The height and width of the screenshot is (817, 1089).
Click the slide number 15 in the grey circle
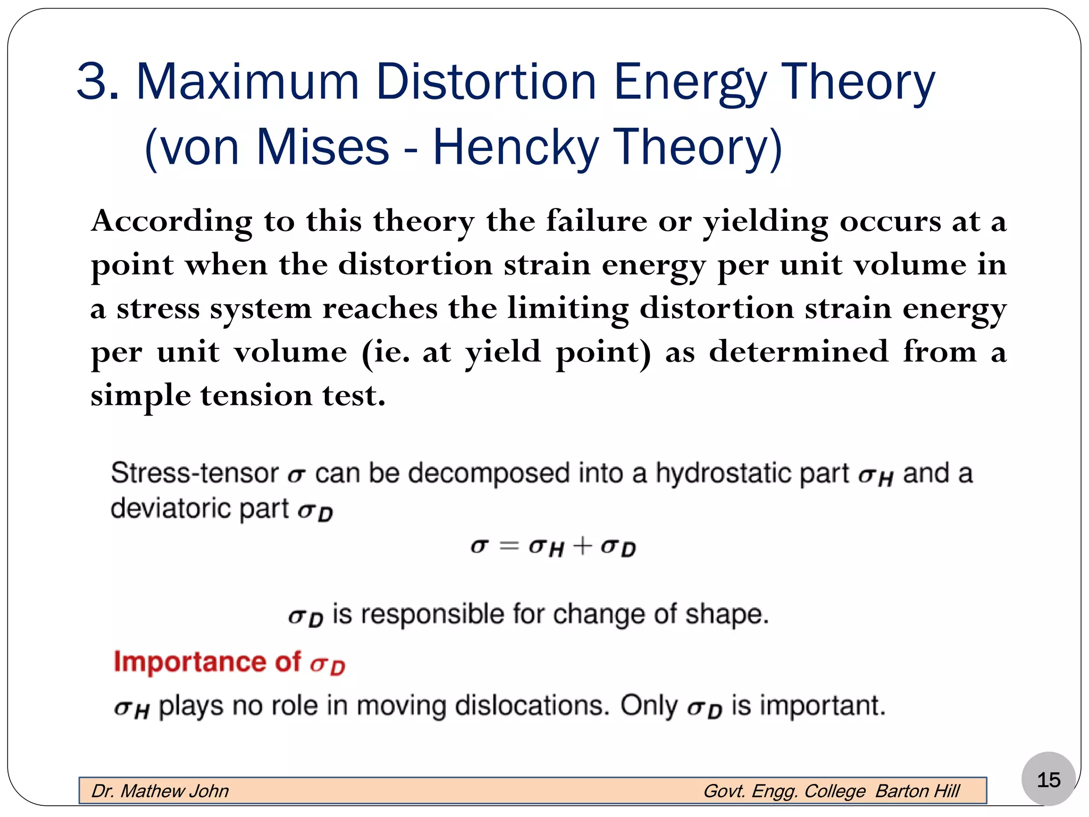click(1048, 780)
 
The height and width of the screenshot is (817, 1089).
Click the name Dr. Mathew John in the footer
click(160, 791)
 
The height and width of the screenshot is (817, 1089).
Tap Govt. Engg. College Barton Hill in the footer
click(831, 791)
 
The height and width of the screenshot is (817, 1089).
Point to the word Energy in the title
click(690, 82)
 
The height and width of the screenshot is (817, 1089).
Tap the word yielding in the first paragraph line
click(765, 222)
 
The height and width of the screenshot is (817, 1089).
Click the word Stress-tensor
click(195, 473)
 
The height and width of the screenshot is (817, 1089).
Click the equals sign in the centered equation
click(509, 546)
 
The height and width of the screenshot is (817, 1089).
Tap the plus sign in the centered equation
click(583, 546)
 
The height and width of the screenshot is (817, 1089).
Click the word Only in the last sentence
click(649, 706)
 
